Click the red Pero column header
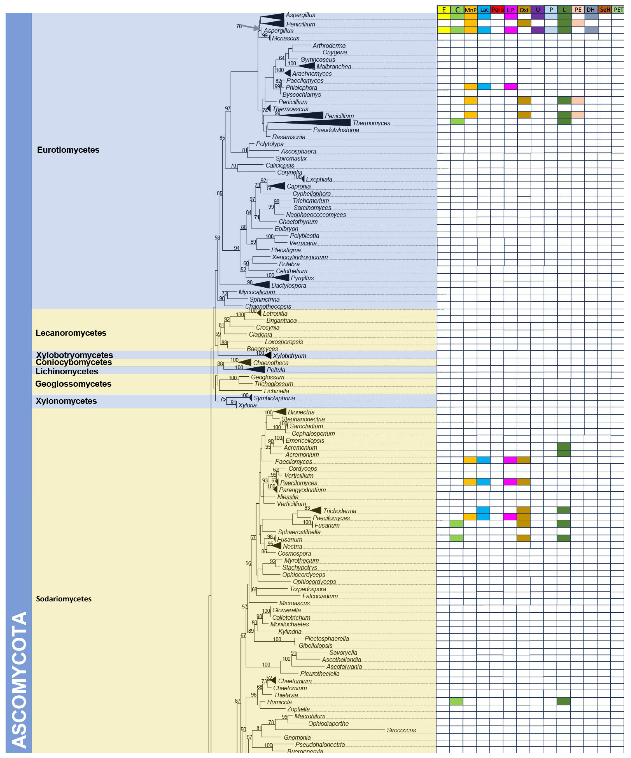[x=497, y=10]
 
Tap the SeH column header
[x=605, y=10]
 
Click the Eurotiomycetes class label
[x=68, y=150]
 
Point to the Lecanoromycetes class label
[x=71, y=333]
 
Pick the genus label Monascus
[x=286, y=38]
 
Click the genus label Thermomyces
[x=371, y=123]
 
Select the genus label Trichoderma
[x=339, y=511]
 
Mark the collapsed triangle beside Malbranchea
[x=307, y=66]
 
